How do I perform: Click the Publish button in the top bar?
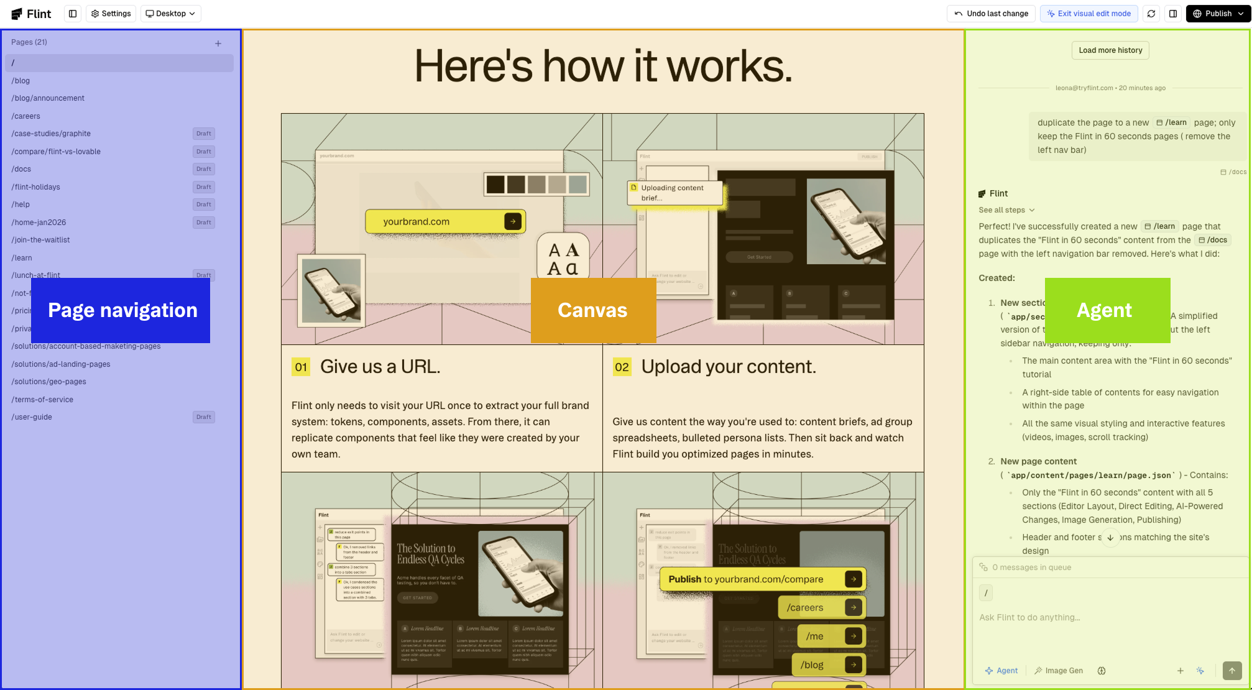click(1217, 14)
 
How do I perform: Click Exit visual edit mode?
click(1089, 14)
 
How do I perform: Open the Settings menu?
click(111, 14)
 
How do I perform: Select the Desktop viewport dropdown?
click(170, 14)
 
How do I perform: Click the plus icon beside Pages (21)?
click(218, 44)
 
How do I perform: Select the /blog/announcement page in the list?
click(48, 98)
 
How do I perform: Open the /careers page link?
click(25, 116)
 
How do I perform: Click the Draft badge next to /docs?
click(203, 169)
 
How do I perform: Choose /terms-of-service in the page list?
click(42, 400)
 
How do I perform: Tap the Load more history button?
click(1110, 50)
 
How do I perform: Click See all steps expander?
click(1006, 210)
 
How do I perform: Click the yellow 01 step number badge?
click(301, 367)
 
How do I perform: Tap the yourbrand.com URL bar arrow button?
click(512, 221)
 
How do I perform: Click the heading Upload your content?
click(728, 367)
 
